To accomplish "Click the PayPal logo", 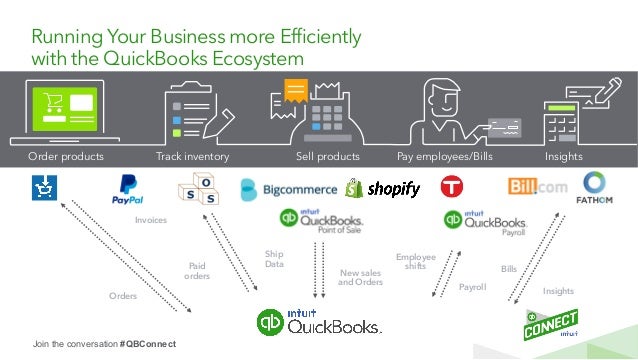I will click(128, 190).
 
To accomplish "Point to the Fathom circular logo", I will click(595, 188).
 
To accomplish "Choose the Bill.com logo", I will click(539, 186).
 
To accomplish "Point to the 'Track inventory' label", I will click(193, 157).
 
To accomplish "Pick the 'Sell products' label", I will click(328, 157).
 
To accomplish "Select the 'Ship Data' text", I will click(274, 259).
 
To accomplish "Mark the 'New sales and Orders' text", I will click(361, 277).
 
